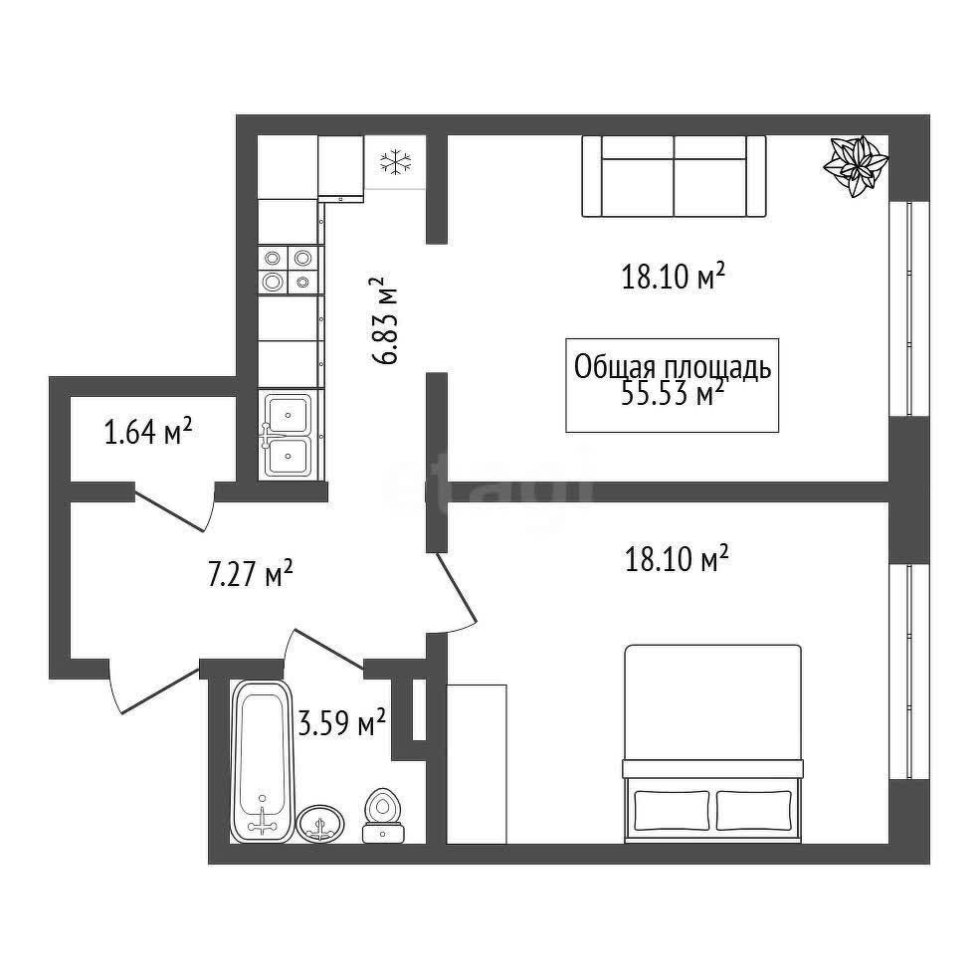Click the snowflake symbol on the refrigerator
pos(396,162)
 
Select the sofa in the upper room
pos(674,176)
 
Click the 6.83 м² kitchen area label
pos(384,320)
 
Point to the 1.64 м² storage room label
pos(148,432)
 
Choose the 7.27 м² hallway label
pos(250,574)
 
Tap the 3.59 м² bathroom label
pos(341,723)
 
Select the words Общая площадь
pos(673,368)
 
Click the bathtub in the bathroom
pos(262,761)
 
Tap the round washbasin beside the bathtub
pos(320,824)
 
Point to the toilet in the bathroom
pos(383,816)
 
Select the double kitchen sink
pos(289,435)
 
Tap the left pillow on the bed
pos(672,811)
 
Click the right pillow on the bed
pos(754,811)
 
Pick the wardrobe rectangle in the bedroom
pos(477,764)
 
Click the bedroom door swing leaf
pos(456,588)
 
